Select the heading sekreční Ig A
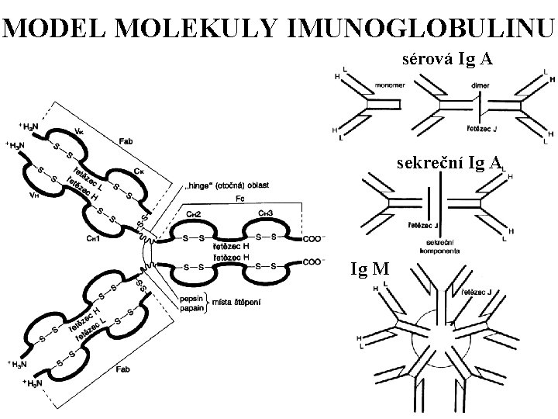447,164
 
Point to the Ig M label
370,270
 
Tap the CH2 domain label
194,213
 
